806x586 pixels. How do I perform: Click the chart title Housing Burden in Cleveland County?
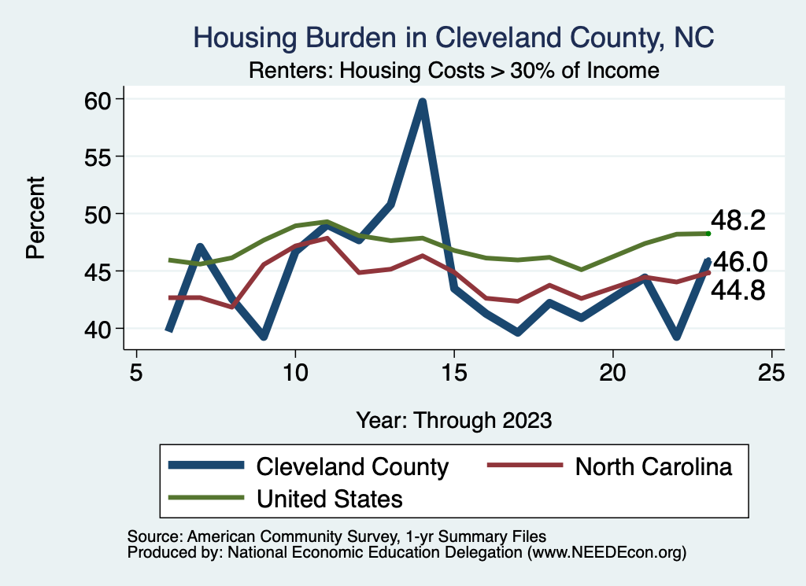pyautogui.click(x=453, y=37)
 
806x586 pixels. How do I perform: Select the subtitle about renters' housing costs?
pyautogui.click(x=453, y=70)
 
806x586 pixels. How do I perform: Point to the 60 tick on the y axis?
pyautogui.click(x=102, y=99)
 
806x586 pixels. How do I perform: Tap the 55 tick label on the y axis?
pyautogui.click(x=102, y=157)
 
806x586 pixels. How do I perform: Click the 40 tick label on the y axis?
pyautogui.click(x=102, y=328)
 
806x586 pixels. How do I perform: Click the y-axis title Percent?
pyautogui.click(x=35, y=218)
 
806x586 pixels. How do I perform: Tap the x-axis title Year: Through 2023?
pyautogui.click(x=453, y=419)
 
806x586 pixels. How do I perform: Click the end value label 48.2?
pyautogui.click(x=738, y=221)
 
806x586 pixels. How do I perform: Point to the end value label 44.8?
pyautogui.click(x=738, y=291)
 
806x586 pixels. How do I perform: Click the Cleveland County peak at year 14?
pyautogui.click(x=423, y=102)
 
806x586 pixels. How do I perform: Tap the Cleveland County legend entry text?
pyautogui.click(x=352, y=466)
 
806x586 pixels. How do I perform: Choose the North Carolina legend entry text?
pyautogui.click(x=653, y=466)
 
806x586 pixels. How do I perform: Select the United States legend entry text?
pyautogui.click(x=330, y=498)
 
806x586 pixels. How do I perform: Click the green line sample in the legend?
pyautogui.click(x=206, y=498)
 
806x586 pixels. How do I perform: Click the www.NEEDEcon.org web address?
pyautogui.click(x=605, y=553)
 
